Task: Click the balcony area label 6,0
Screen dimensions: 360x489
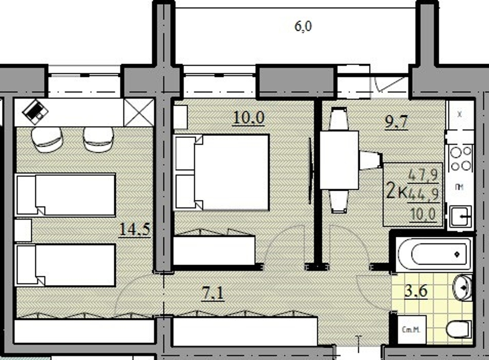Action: point(303,26)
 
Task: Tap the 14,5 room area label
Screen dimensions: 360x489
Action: point(133,229)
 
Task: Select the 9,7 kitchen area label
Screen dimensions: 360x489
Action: point(397,122)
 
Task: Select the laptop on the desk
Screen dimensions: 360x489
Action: point(36,112)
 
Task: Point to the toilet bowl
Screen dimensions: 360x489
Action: point(459,329)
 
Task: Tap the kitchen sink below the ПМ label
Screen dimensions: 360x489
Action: point(460,215)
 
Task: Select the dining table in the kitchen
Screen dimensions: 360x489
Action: point(339,160)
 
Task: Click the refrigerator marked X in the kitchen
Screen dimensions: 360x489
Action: point(460,114)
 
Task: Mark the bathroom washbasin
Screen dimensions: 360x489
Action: point(462,288)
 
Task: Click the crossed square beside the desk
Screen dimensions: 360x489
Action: point(139,112)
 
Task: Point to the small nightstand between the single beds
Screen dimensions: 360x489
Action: point(22,229)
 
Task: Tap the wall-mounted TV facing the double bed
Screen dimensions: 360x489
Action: point(311,171)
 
